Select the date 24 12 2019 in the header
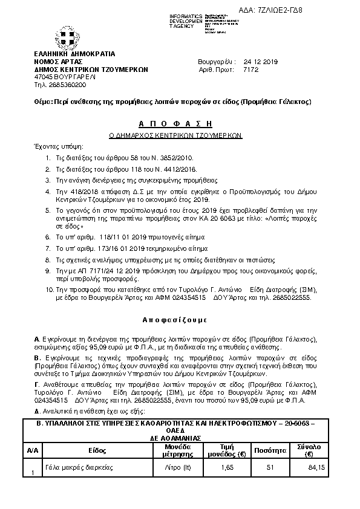point(260,62)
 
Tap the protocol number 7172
point(250,70)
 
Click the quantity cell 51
point(270,467)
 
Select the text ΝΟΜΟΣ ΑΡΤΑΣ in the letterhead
point(57,62)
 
